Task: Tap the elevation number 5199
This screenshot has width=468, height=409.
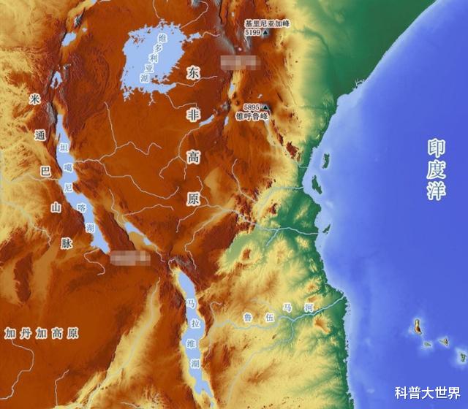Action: pyautogui.click(x=253, y=32)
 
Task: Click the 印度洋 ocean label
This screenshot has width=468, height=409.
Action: pyautogui.click(x=436, y=169)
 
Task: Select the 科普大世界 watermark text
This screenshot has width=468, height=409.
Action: pyautogui.click(x=427, y=393)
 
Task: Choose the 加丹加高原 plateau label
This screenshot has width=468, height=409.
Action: pyautogui.click(x=42, y=333)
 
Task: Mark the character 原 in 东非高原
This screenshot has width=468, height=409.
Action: pyautogui.click(x=193, y=198)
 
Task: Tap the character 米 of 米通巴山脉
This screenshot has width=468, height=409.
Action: pyautogui.click(x=34, y=99)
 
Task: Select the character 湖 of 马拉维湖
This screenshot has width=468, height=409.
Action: pyautogui.click(x=194, y=363)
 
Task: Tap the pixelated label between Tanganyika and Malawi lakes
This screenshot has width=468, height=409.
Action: pyautogui.click(x=131, y=256)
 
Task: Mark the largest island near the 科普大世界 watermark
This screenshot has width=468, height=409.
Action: pyautogui.click(x=418, y=325)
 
